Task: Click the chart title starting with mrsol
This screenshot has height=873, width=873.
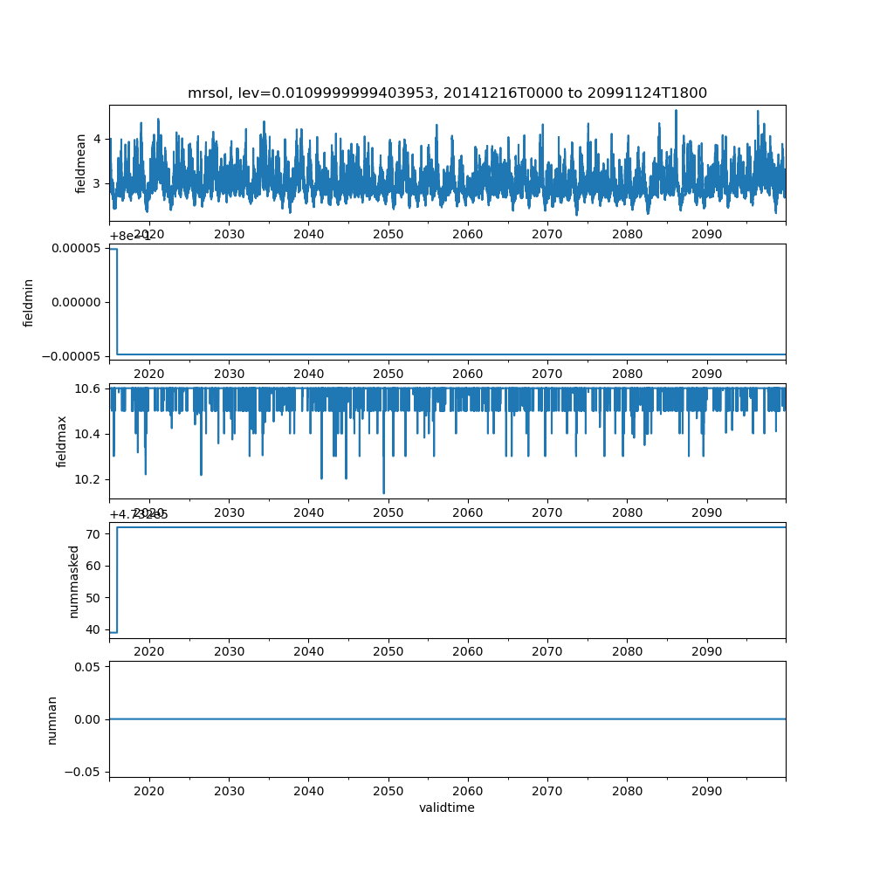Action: pyautogui.click(x=447, y=93)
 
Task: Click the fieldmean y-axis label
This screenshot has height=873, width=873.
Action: pyautogui.click(x=81, y=163)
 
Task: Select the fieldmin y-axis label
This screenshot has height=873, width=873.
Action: pyautogui.click(x=29, y=302)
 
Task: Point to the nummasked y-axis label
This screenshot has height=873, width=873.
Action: pyautogui.click(x=74, y=581)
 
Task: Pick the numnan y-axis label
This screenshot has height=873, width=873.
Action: pyautogui.click(x=52, y=719)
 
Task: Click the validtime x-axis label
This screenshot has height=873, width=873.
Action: pyautogui.click(x=447, y=808)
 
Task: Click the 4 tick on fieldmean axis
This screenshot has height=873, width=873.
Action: pyautogui.click(x=97, y=139)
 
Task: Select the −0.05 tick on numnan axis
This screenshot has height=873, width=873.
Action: pyautogui.click(x=84, y=772)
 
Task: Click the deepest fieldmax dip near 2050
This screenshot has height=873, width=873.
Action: pyautogui.click(x=384, y=493)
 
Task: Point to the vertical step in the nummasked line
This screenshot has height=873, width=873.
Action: pyautogui.click(x=117, y=580)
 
